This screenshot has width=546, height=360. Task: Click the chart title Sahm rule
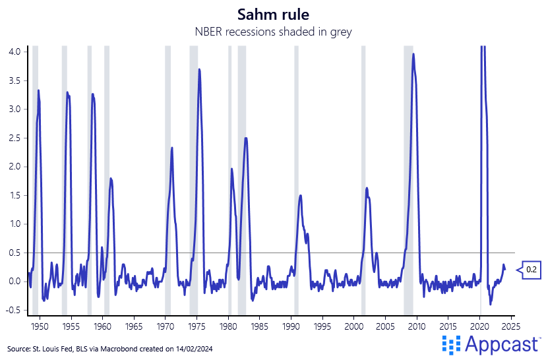272,14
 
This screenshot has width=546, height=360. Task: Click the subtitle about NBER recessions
272,31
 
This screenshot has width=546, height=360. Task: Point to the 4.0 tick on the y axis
15,51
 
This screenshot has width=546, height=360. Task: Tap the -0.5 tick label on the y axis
13,310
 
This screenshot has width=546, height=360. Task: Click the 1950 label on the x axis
40,326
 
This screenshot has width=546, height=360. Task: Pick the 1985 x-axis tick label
259,326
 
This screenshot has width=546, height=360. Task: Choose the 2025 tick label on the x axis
510,326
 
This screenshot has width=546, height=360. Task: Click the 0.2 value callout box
531,270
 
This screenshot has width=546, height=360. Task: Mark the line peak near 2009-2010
413,54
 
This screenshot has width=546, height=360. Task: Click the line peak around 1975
199,69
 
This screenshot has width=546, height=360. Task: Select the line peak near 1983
246,138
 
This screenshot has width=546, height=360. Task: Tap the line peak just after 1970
172,148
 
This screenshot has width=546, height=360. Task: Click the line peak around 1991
301,195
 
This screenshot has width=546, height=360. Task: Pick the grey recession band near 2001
363,178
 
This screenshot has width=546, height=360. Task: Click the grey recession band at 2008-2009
408,178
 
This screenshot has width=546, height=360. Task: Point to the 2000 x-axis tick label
353,326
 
